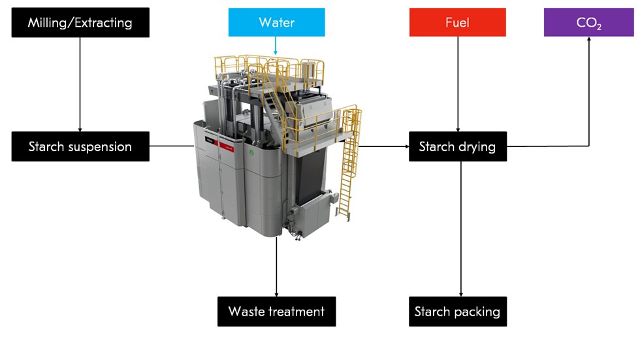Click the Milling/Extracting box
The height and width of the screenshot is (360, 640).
point(80,22)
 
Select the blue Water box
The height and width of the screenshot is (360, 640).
point(276,22)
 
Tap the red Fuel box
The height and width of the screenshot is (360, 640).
point(457,22)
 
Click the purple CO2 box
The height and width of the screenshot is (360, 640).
point(589,22)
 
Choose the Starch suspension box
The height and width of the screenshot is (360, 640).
point(80,146)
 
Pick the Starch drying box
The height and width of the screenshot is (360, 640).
point(457,146)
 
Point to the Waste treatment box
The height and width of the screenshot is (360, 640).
point(276,312)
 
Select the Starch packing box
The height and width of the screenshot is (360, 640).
point(457,312)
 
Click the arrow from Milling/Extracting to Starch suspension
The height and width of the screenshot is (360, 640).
point(80,85)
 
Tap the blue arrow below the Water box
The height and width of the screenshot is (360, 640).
point(276,46)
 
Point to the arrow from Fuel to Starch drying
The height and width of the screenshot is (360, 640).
point(457,85)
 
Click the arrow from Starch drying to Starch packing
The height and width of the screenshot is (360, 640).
point(461,229)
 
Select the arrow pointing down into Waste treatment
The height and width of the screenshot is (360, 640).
point(277,268)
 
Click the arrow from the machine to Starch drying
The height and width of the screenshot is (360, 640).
point(382,146)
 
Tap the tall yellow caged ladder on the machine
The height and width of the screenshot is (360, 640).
point(349,163)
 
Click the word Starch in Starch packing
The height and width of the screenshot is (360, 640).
point(432,312)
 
